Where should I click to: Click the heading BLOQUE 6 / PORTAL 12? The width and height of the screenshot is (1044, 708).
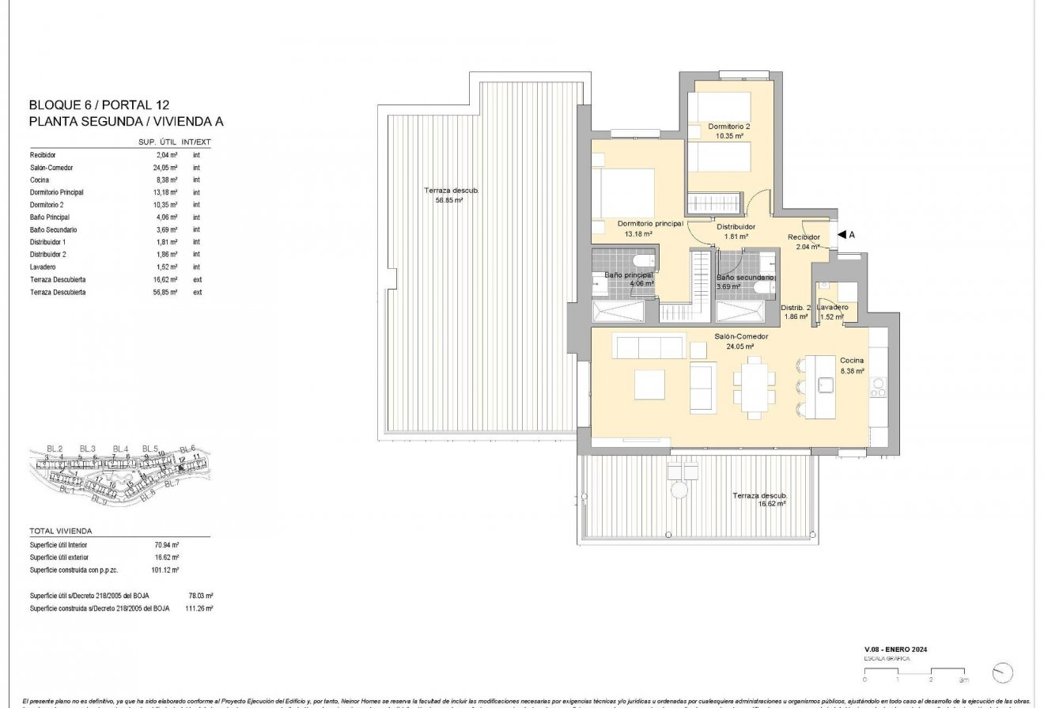[x=99, y=104]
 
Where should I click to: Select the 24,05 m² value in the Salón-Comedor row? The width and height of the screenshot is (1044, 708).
[x=167, y=168]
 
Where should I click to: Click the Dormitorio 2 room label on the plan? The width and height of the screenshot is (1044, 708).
[x=728, y=127]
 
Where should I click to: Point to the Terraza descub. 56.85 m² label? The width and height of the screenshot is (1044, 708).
[x=451, y=195]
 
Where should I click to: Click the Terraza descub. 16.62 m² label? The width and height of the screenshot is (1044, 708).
[x=759, y=499]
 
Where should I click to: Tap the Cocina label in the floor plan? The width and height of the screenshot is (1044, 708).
[x=852, y=360]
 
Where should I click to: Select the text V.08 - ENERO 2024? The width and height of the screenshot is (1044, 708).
[x=895, y=649]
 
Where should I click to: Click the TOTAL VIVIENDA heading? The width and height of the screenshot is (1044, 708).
[x=61, y=531]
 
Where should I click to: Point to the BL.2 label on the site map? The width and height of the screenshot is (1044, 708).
[x=54, y=449]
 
